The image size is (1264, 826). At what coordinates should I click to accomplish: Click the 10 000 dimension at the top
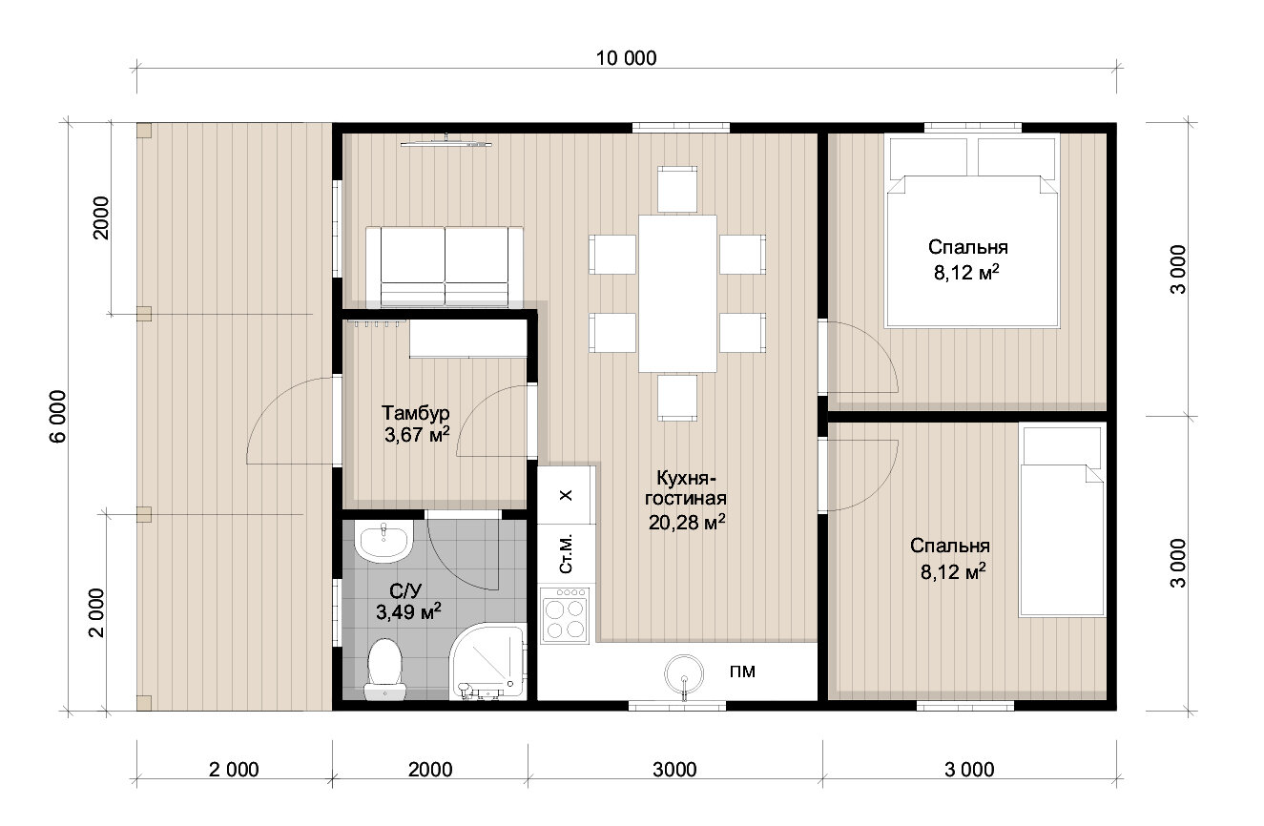pyautogui.click(x=627, y=58)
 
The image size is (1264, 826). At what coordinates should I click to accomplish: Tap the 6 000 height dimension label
pyautogui.click(x=59, y=417)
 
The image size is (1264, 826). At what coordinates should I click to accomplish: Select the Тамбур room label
pyautogui.click(x=416, y=412)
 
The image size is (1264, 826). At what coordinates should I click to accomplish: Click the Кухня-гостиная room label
pyautogui.click(x=686, y=488)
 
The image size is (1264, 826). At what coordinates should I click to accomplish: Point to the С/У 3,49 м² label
pyautogui.click(x=408, y=602)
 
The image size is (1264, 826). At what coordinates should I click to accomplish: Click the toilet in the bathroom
pyautogui.click(x=384, y=670)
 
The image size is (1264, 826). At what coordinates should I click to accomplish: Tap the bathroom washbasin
pyautogui.click(x=383, y=542)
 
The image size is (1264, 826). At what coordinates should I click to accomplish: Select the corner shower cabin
pyautogui.click(x=488, y=661)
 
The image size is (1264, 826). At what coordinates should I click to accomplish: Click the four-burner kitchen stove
pyautogui.click(x=565, y=615)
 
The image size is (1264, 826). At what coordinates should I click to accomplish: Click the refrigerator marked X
pyautogui.click(x=565, y=495)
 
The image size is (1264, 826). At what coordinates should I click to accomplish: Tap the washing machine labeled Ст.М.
pyautogui.click(x=566, y=554)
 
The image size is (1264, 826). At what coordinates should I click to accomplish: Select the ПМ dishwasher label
pyautogui.click(x=742, y=671)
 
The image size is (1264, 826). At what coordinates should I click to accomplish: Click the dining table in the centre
pyautogui.click(x=677, y=294)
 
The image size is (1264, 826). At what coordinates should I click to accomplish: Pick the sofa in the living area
pyautogui.click(x=445, y=266)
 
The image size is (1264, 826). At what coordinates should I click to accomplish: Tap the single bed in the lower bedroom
pyautogui.click(x=1062, y=521)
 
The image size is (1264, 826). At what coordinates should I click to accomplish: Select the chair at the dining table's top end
pyautogui.click(x=677, y=189)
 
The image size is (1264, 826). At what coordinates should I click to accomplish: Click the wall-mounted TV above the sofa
pyautogui.click(x=446, y=143)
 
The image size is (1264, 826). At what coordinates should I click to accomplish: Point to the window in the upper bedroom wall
pyautogui.click(x=972, y=128)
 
